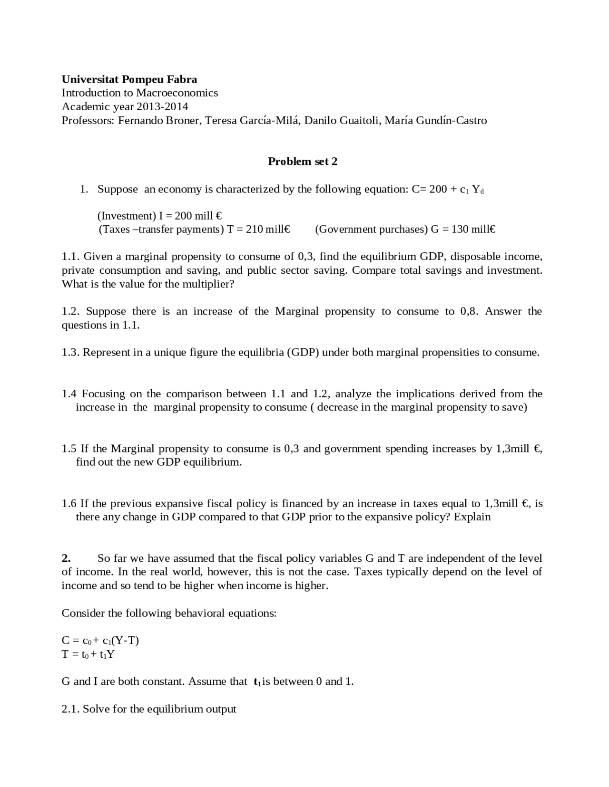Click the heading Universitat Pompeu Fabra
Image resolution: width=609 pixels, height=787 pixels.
coord(129,79)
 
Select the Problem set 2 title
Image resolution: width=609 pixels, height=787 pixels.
coord(303,162)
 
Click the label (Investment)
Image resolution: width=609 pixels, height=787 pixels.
coord(127,216)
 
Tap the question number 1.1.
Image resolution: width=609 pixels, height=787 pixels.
coord(70,257)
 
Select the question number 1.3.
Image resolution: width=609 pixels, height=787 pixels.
coord(70,353)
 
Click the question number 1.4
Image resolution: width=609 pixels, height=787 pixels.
coord(69,394)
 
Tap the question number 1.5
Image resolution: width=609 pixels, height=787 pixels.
coord(69,449)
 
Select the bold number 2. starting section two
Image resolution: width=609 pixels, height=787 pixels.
coord(66,558)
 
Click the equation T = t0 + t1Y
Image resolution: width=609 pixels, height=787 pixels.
coord(88,654)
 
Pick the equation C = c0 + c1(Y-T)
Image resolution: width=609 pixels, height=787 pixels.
coord(100,641)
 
